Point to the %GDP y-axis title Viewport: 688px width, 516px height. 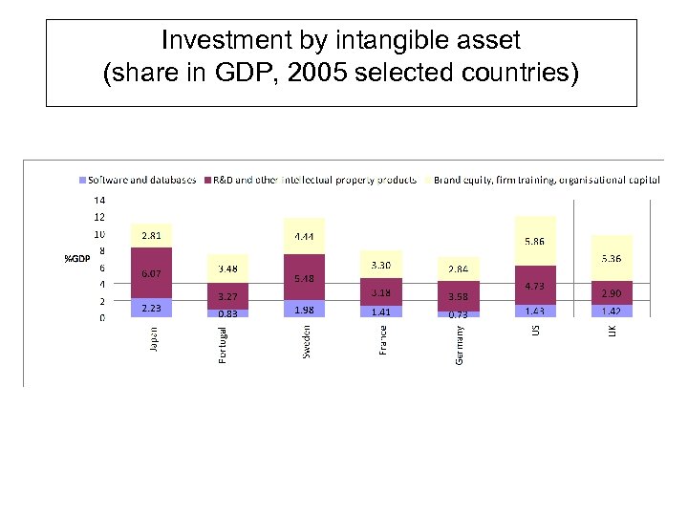click(76, 259)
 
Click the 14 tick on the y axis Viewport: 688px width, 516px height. click(98, 201)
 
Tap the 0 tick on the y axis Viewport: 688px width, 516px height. click(101, 318)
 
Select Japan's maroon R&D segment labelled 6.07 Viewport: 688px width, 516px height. click(151, 273)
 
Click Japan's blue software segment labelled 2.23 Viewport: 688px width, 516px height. click(151, 308)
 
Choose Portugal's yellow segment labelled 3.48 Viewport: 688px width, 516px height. click(227, 269)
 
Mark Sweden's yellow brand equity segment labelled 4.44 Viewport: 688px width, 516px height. click(304, 236)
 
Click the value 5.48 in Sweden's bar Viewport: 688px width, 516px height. click(304, 278)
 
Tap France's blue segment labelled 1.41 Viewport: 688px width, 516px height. click(380, 311)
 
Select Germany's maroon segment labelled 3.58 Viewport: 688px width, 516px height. click(458, 297)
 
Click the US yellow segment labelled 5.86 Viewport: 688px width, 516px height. click(534, 242)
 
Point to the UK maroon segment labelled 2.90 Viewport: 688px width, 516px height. click(611, 292)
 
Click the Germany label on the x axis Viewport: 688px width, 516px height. click(459, 344)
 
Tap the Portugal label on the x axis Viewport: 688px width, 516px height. click(224, 345)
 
